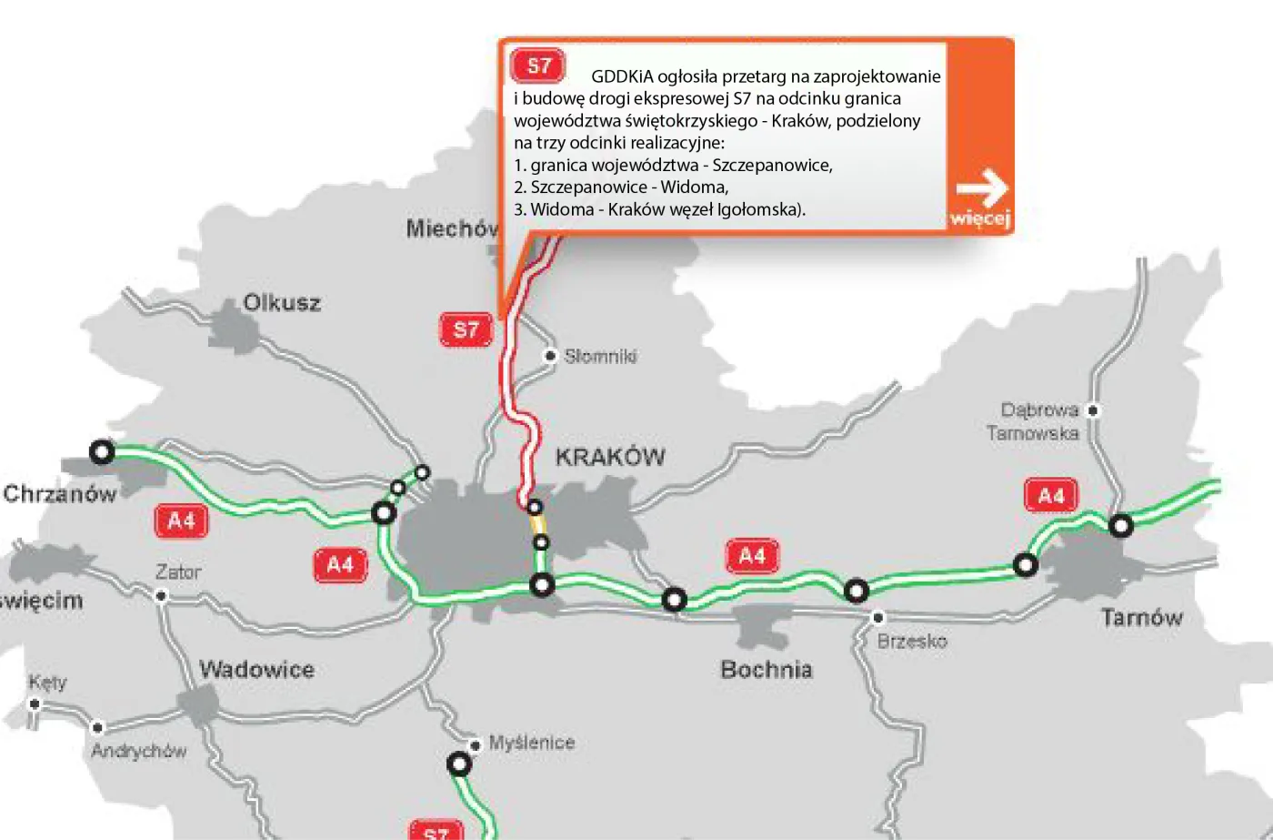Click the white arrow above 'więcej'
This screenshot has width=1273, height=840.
982,190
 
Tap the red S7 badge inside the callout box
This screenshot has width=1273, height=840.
538,66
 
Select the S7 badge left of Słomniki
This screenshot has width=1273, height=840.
466,329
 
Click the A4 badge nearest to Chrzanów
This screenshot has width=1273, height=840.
181,521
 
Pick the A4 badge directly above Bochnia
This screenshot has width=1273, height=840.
752,556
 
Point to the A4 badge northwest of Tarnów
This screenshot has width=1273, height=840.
1050,496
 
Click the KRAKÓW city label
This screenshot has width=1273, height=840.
610,457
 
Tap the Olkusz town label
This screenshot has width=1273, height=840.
282,302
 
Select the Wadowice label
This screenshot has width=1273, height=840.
256,670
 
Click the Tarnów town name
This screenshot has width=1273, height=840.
1141,618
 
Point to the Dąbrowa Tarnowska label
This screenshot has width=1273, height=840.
1034,421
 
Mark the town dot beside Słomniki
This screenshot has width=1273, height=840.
549,356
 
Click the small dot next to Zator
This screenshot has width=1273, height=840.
161,596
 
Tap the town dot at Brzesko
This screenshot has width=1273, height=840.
877,617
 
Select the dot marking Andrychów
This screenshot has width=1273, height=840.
97,727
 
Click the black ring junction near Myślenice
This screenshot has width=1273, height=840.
459,764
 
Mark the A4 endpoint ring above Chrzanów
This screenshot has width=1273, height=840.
102,451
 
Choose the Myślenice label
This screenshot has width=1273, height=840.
532,743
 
